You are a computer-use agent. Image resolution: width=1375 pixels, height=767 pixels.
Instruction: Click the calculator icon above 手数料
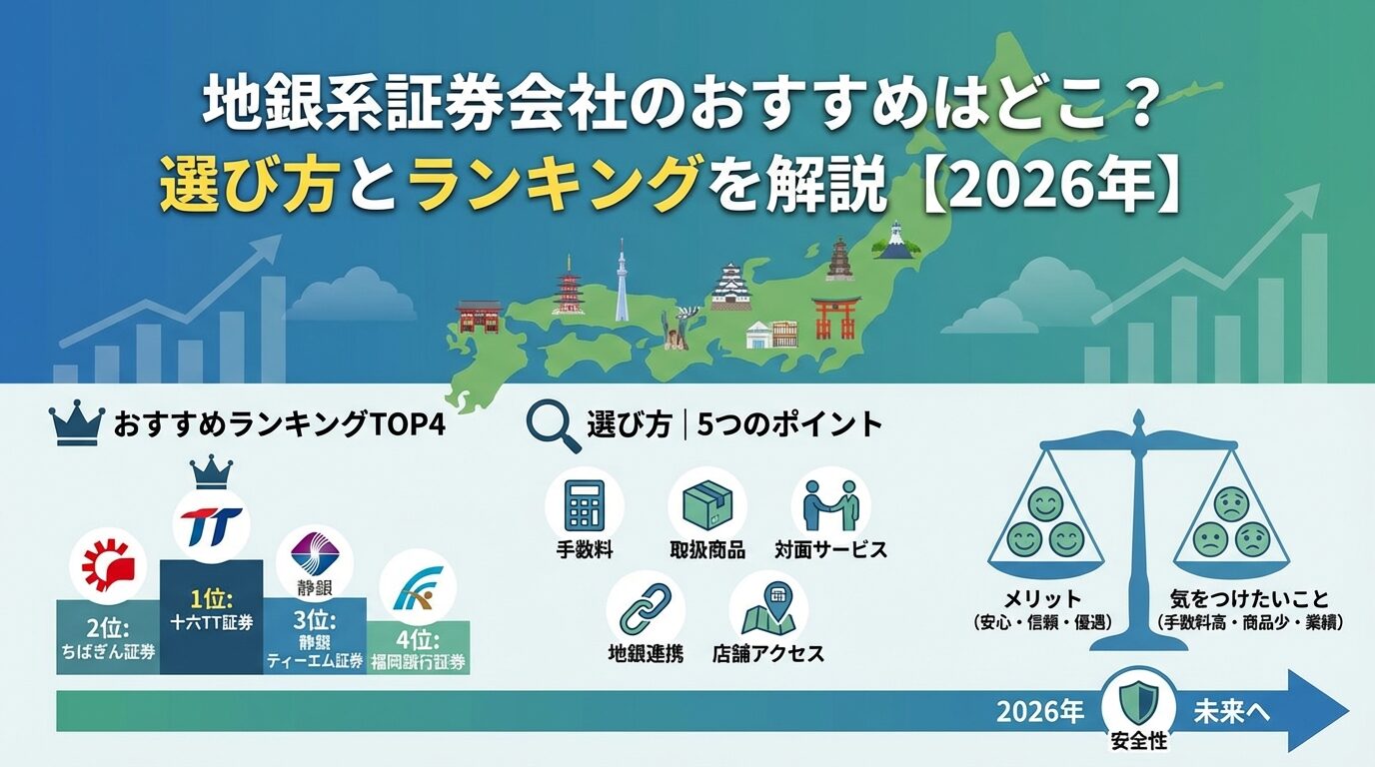point(585,505)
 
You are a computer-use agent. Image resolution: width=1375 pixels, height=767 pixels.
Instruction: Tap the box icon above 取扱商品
point(707,505)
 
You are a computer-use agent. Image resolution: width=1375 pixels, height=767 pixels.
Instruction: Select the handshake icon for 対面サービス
point(830,505)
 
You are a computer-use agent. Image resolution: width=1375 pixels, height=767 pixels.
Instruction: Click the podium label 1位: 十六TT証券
point(211,610)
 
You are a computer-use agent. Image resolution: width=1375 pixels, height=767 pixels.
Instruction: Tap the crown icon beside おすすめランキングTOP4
point(76,424)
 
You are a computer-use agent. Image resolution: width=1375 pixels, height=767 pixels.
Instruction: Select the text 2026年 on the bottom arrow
point(1039,711)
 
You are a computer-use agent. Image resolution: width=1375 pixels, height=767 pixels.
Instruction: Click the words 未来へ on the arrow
point(1231,711)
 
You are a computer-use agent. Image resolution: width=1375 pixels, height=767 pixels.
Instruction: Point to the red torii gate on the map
point(835,317)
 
